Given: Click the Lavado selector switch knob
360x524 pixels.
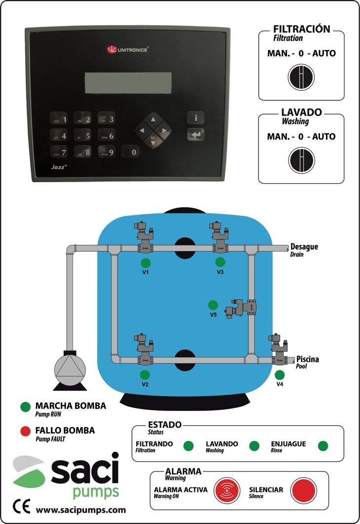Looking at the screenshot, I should click(301, 161).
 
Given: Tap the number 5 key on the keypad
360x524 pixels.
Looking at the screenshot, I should click(82, 136).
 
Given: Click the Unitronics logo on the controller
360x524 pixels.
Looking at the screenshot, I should click(127, 49).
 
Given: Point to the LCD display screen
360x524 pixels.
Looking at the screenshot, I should click(124, 82).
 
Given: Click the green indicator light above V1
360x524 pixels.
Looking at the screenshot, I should click(146, 262).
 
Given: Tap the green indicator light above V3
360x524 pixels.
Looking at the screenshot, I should click(220, 262).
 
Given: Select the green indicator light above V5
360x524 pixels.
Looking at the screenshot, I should click(213, 305).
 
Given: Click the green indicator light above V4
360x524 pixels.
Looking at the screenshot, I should click(280, 374).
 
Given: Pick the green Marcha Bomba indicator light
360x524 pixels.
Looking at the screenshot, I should click(25, 407).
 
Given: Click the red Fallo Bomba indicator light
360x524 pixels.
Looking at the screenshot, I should click(25, 431).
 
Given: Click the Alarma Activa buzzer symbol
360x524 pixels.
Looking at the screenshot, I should click(227, 490).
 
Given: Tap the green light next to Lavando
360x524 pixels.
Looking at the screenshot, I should click(254, 446).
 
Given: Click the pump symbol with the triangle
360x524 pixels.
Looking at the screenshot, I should click(70, 368).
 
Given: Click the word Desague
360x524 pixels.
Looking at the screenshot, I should click(304, 246).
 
